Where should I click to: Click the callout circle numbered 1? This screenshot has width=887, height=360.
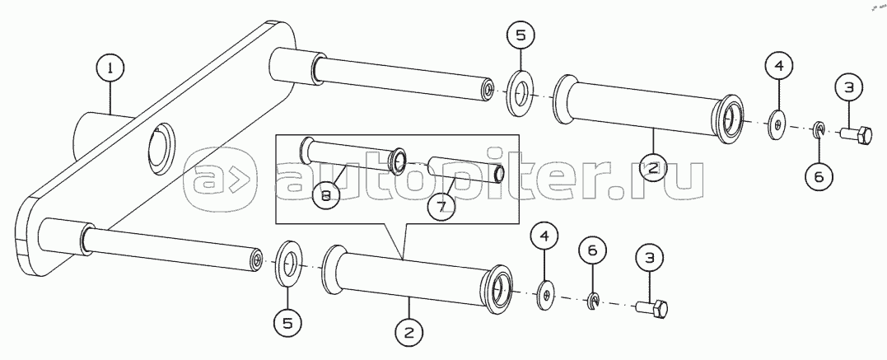click(x=110, y=68)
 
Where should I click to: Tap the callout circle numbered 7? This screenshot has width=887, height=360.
click(x=441, y=205)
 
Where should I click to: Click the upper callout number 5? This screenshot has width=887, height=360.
click(x=521, y=35)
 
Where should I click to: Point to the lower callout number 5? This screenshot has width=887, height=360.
click(x=288, y=323)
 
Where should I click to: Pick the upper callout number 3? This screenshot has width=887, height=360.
click(x=849, y=88)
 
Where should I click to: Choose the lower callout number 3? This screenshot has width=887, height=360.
click(x=649, y=258)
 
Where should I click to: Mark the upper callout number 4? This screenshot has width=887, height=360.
click(x=779, y=66)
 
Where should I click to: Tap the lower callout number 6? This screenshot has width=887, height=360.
click(x=592, y=250)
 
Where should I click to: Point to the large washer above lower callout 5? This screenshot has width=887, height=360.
click(x=288, y=264)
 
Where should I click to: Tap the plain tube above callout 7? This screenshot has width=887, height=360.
click(x=465, y=169)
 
